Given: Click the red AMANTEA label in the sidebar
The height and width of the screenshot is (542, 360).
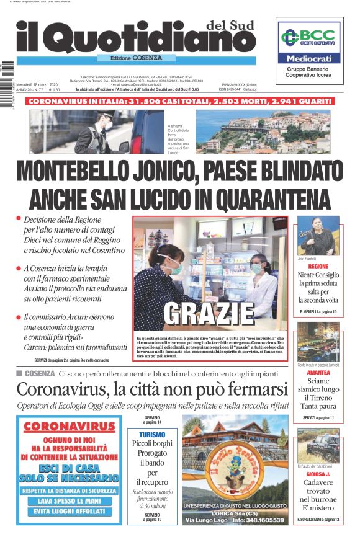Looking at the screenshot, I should point(318,372).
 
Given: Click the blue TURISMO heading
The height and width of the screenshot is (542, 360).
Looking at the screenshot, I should point(152,435).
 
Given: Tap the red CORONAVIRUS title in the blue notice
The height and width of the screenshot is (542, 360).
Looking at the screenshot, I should point(69,427).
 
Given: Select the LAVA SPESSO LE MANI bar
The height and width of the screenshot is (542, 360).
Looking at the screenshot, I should point(69,500).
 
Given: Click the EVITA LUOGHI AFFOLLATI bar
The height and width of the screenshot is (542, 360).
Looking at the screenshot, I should point(69,512).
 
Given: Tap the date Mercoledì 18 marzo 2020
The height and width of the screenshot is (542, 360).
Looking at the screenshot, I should point(38,84).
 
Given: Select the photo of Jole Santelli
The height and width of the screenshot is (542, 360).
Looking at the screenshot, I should point(318,236).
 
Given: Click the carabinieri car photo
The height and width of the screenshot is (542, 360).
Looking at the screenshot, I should point(318,446).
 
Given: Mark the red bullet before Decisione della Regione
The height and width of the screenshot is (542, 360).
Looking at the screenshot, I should point(19,219).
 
